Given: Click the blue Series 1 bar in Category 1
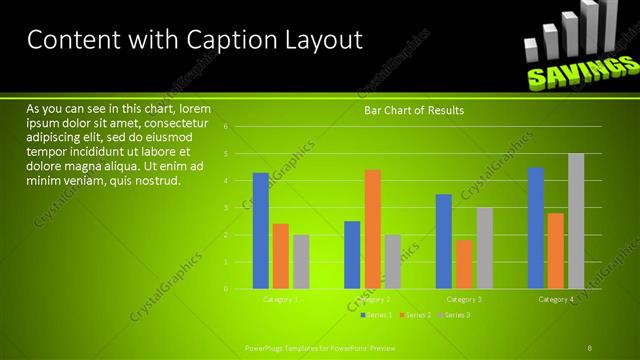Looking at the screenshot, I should point(260,230).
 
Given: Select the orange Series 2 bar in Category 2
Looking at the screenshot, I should point(372,229).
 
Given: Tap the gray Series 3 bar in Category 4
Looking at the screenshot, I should point(576,221).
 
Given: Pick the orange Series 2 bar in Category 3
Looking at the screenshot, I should point(464,264).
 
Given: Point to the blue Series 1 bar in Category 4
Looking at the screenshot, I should point(536,228).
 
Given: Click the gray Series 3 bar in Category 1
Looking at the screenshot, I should point(301,262).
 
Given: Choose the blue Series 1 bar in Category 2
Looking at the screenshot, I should point(352,255).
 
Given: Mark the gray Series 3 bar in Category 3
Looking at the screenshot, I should point(484,248).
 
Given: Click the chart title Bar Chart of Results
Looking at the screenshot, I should point(413,110).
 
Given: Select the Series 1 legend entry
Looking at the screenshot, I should point(377,315).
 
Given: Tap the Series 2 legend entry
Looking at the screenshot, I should point(416,315).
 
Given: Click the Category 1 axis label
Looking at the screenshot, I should point(280,299).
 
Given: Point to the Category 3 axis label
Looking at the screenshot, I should point(464,299).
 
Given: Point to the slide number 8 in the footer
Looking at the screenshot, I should point(590,347).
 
